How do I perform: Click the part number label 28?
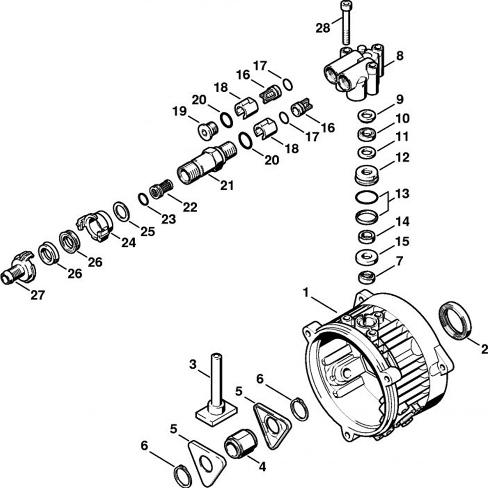tap(323, 28)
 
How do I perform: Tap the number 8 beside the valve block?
tap(400, 56)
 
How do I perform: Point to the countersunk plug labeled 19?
tap(207, 130)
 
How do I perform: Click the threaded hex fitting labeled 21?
tap(207, 162)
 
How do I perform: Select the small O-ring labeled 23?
tap(143, 199)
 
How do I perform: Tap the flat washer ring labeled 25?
tap(121, 212)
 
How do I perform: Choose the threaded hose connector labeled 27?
tap(18, 268)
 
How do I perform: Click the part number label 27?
tap(38, 295)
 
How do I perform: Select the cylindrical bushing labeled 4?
tap(241, 443)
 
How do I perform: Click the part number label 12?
tap(403, 158)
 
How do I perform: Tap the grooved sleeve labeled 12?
tap(367, 174)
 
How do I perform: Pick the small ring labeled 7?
tap(367, 277)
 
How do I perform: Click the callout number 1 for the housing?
tap(306, 293)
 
